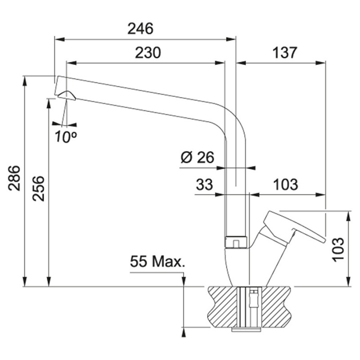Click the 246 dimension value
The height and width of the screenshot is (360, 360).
click(x=140, y=29)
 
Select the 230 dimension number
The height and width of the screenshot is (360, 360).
click(x=148, y=53)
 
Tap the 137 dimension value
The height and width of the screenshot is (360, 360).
click(x=285, y=53)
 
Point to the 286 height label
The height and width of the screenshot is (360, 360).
click(x=14, y=178)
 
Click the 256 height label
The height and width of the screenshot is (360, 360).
click(x=38, y=189)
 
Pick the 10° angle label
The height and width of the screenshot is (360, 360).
click(x=66, y=137)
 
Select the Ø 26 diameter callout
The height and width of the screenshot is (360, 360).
click(x=198, y=157)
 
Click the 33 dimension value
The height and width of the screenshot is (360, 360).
click(x=204, y=184)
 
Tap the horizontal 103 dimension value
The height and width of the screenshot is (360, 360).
click(x=286, y=184)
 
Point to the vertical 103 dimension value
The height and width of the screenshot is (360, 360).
click(x=338, y=249)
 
